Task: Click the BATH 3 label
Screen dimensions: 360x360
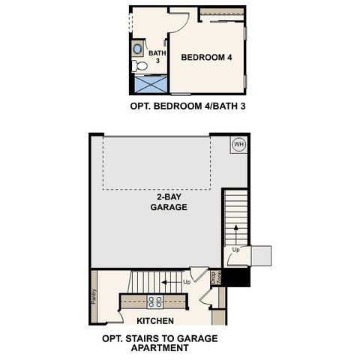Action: pos(157,57)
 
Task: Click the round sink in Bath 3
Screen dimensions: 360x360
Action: pos(138,50)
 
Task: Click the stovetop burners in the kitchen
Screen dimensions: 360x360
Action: pos(157,301)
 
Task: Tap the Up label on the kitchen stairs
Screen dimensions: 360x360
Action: pos(186,283)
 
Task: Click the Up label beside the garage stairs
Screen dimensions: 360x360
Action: pos(236,249)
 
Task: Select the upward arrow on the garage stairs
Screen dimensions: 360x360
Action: pos(237,229)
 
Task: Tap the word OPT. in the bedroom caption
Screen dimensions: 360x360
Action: pos(141,106)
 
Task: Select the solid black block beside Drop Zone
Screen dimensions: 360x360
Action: pos(238,277)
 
